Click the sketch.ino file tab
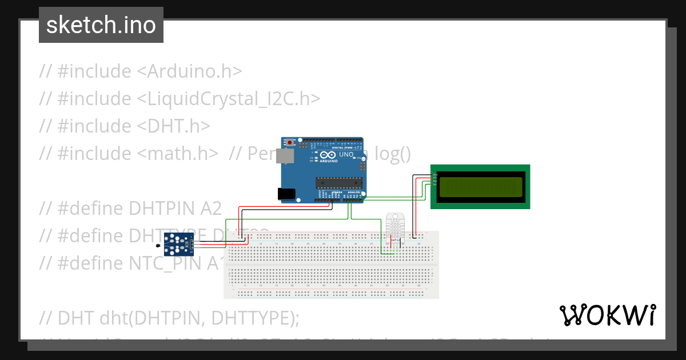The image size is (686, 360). [101, 25]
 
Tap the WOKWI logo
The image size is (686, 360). [608, 315]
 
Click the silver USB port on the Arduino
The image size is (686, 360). [283, 156]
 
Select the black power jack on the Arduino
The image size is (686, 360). [288, 194]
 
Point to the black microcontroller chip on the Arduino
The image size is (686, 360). [340, 183]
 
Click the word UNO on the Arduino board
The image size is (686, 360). [346, 155]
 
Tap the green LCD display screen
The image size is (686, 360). [480, 187]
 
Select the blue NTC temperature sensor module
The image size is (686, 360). [178, 243]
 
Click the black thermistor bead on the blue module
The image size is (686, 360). [158, 246]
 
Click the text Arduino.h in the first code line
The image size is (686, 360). [194, 71]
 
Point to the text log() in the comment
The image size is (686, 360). [392, 153]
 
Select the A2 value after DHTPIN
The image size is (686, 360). [211, 207]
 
